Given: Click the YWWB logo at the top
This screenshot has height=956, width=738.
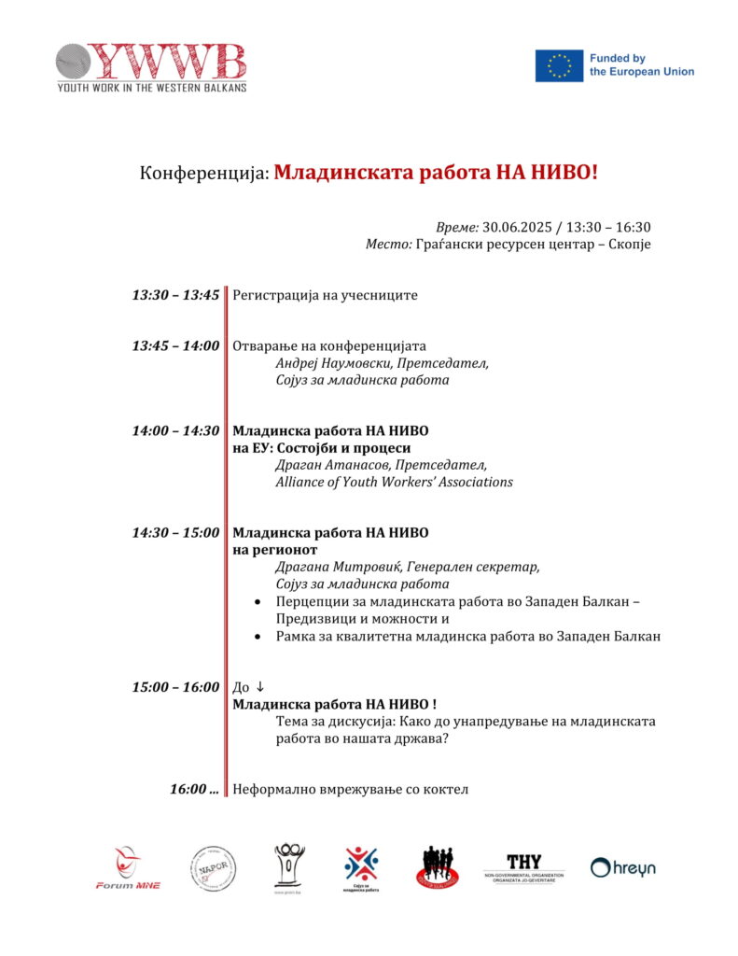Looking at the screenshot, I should click(150, 66).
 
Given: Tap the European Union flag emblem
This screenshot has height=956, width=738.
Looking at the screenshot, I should click(559, 65).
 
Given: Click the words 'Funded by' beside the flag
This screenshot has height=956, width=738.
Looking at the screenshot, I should click(617, 58).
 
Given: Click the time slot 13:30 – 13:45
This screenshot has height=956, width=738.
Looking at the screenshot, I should click(175, 295).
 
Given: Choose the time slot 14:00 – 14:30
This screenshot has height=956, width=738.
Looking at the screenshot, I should click(175, 430).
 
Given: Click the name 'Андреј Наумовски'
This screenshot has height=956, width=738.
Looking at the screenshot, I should click(332, 362).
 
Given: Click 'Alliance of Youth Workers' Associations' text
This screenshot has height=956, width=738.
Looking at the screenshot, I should click(394, 482).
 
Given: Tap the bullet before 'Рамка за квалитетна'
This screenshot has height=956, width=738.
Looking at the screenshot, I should click(258, 636).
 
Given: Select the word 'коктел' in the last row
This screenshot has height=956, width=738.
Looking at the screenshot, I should click(446, 789).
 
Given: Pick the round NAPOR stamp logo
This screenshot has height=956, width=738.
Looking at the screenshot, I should click(214, 868).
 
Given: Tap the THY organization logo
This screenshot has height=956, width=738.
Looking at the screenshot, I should click(523, 867).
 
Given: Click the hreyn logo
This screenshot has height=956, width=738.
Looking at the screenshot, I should click(623, 868).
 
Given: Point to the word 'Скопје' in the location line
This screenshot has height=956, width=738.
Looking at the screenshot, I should click(629, 244).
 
